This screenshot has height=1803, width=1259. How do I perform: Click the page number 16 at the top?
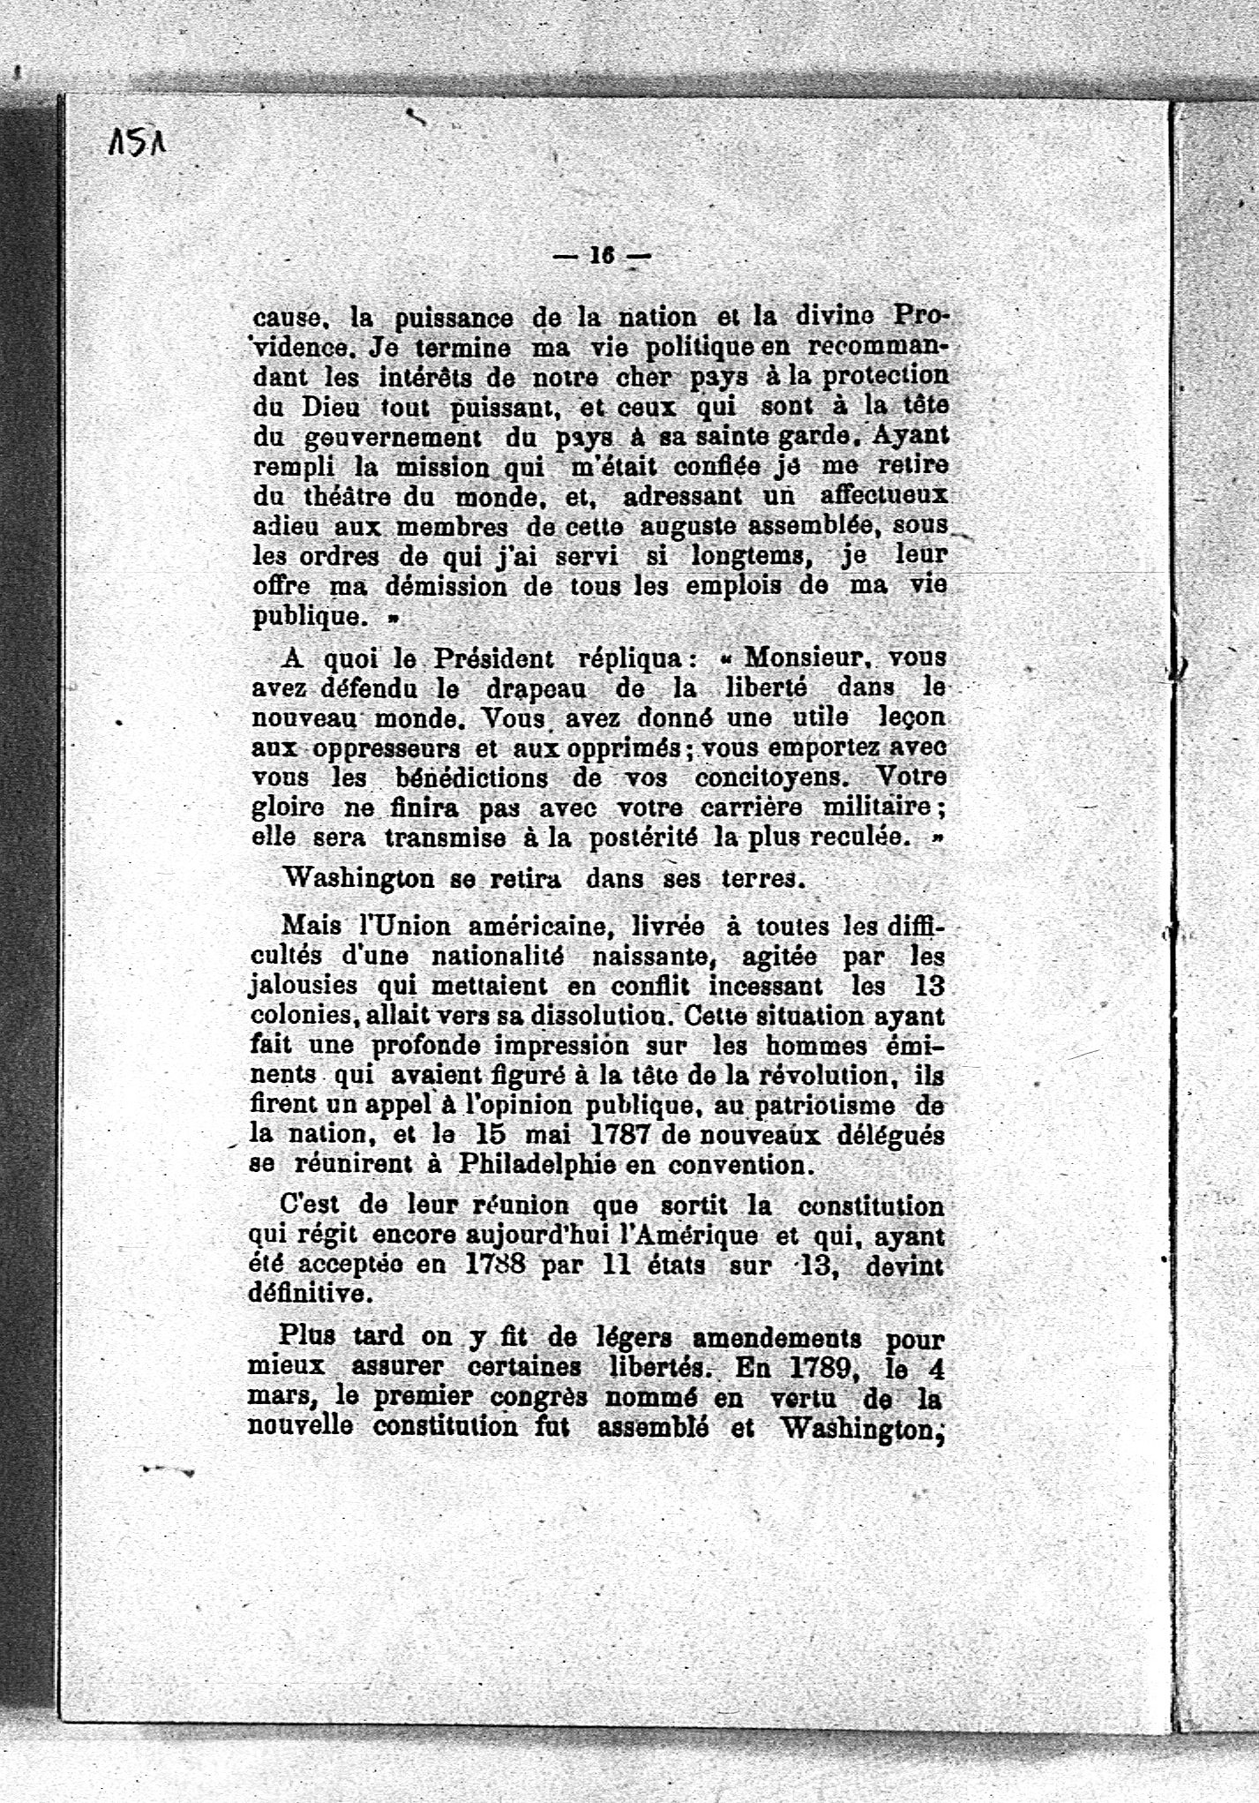(x=601, y=255)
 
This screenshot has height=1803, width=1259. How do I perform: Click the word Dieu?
(x=326, y=408)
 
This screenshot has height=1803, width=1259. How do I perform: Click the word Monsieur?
(x=807, y=658)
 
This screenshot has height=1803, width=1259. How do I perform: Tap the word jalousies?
(x=303, y=986)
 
